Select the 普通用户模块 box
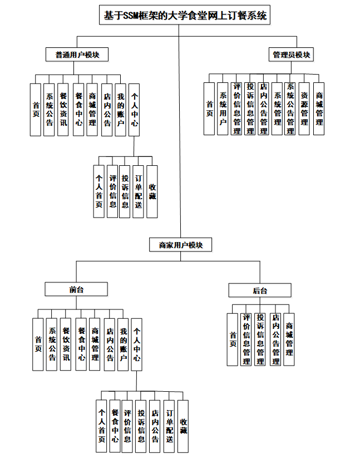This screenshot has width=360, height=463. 77,55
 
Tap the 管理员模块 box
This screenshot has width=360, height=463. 291,55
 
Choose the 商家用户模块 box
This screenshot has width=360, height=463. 180,244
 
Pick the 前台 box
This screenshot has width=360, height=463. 76,289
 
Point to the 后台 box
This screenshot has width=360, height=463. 260,290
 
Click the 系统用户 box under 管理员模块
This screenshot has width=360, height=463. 223,109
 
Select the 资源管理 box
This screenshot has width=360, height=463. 304,109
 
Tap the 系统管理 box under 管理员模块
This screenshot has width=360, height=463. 277,109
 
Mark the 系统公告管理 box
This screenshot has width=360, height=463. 290,109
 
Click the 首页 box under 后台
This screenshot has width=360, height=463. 233,339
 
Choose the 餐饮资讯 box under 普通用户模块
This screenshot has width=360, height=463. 63,110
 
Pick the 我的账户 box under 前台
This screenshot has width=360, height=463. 123,344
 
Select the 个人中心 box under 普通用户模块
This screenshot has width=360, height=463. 134,110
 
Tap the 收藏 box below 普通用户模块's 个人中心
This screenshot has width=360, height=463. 152,192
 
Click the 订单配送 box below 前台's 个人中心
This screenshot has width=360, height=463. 170,426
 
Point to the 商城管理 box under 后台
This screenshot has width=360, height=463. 289,339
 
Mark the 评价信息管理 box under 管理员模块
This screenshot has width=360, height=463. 237,109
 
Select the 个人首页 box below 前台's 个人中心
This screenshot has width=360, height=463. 102,426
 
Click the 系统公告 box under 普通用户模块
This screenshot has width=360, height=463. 50,110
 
